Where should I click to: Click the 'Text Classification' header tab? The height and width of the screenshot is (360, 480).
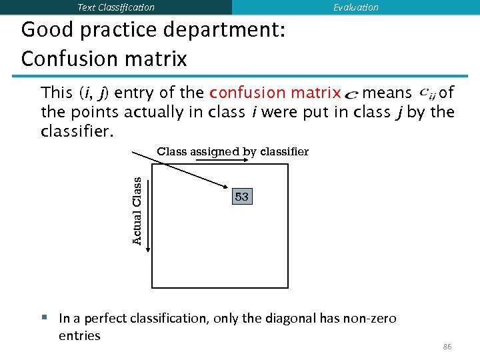tap(116, 7)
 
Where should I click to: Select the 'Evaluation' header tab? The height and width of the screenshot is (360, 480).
tap(355, 7)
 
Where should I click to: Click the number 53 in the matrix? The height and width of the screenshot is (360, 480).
tap(242, 197)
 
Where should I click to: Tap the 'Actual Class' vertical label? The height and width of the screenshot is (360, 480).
tap(137, 211)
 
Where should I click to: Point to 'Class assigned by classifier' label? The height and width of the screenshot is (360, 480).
tap(233, 151)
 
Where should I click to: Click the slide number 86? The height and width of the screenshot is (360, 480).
tap(447, 347)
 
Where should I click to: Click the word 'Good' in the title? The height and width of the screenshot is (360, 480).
tap(47, 31)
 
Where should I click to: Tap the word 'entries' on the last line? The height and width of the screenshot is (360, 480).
tap(79, 335)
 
